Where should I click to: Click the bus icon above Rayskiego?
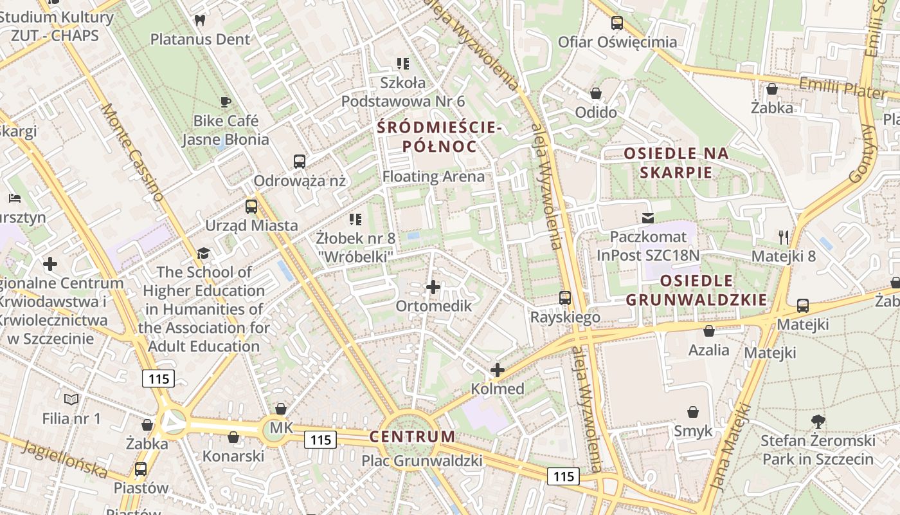point(565,298)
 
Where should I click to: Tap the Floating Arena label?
point(433,176)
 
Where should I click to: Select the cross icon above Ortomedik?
point(433,287)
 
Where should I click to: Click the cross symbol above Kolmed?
point(497,370)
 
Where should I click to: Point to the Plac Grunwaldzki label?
point(421,461)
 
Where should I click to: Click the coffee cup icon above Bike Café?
point(226,102)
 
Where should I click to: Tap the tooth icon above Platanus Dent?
point(200,20)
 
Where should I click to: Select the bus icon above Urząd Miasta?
point(251,207)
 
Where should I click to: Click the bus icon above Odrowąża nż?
point(300,162)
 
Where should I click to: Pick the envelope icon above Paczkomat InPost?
point(647,218)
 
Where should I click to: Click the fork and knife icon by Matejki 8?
point(783,238)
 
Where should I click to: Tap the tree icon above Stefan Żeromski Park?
point(818,422)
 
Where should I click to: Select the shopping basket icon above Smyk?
point(693,412)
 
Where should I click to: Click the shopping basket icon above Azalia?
point(708,332)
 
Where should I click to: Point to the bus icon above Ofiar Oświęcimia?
point(617,23)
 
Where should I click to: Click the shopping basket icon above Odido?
point(596,93)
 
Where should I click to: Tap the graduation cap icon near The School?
point(204,253)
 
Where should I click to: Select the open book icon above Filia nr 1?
point(71,400)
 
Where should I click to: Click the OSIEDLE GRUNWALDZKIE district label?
point(696,290)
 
